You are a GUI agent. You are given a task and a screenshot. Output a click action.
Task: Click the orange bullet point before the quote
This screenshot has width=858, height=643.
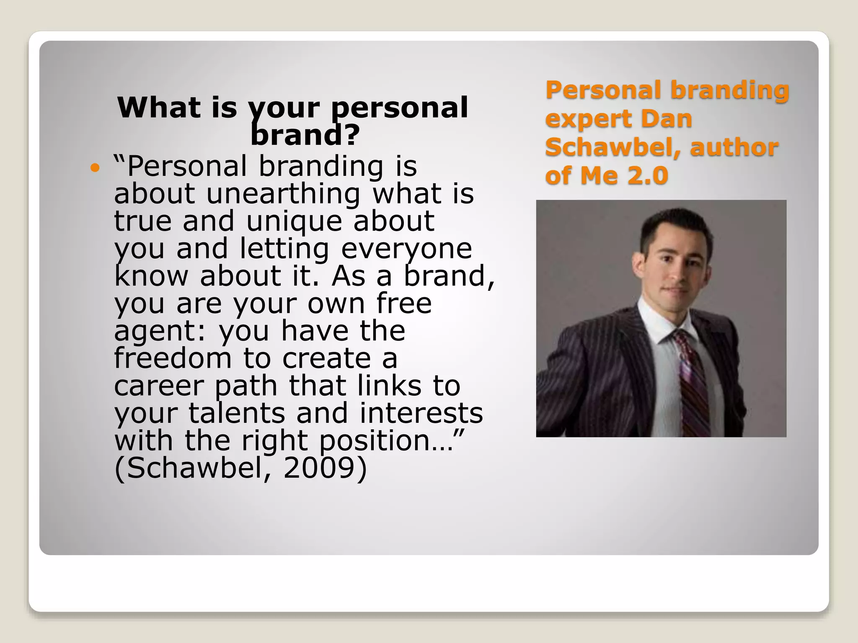[x=96, y=169]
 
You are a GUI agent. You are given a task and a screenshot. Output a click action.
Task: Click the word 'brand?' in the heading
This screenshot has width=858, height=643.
[x=305, y=135]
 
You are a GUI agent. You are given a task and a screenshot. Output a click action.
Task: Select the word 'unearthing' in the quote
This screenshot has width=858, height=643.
[x=283, y=194]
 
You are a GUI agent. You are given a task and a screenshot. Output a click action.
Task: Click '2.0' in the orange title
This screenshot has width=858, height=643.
[x=647, y=175]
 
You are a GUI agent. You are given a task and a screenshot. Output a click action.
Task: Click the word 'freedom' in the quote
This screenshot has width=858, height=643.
[x=173, y=358]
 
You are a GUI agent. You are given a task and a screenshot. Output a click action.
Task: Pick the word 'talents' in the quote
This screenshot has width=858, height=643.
[x=237, y=413]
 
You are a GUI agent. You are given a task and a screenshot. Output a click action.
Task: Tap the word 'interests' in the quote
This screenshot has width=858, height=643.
[x=421, y=413]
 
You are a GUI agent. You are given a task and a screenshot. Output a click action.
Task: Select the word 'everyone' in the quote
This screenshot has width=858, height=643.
[x=406, y=249]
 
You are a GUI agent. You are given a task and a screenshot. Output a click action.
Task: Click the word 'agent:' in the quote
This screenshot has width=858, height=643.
[x=160, y=331]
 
